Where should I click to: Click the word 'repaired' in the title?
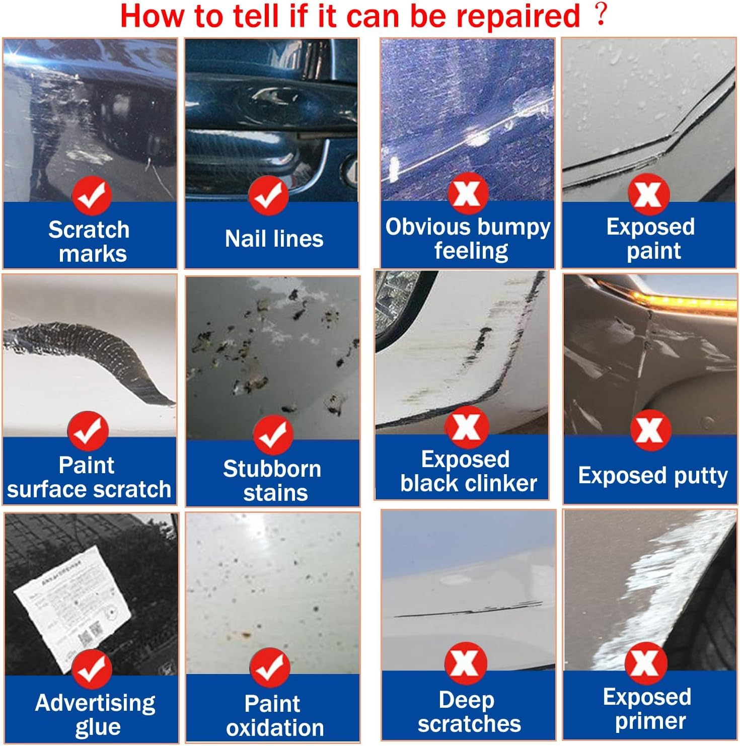tap(518, 16)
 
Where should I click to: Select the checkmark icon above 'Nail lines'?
tap(268, 195)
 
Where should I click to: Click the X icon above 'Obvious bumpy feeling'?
tap(468, 193)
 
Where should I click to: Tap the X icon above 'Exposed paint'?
tap(648, 194)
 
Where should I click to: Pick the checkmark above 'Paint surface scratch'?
tap(88, 431)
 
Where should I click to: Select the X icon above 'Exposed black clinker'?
tap(466, 427)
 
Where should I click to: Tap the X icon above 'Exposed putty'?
tap(650, 430)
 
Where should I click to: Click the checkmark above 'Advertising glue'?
tap(92, 668)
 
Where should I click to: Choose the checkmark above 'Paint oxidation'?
tap(270, 667)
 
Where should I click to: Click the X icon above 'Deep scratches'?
tap(466, 663)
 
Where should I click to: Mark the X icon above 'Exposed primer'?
tap(646, 663)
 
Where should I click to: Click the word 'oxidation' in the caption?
tap(275, 728)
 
